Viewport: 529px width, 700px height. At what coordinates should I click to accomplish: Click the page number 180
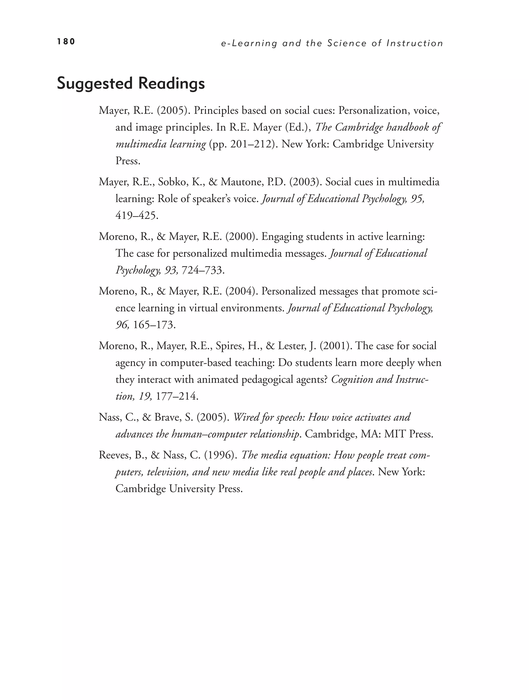(x=66, y=41)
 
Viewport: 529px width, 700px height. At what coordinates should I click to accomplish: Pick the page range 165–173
(x=154, y=325)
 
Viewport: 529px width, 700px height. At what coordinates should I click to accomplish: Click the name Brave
(x=167, y=417)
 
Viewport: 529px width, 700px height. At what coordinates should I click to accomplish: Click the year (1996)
(x=221, y=455)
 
